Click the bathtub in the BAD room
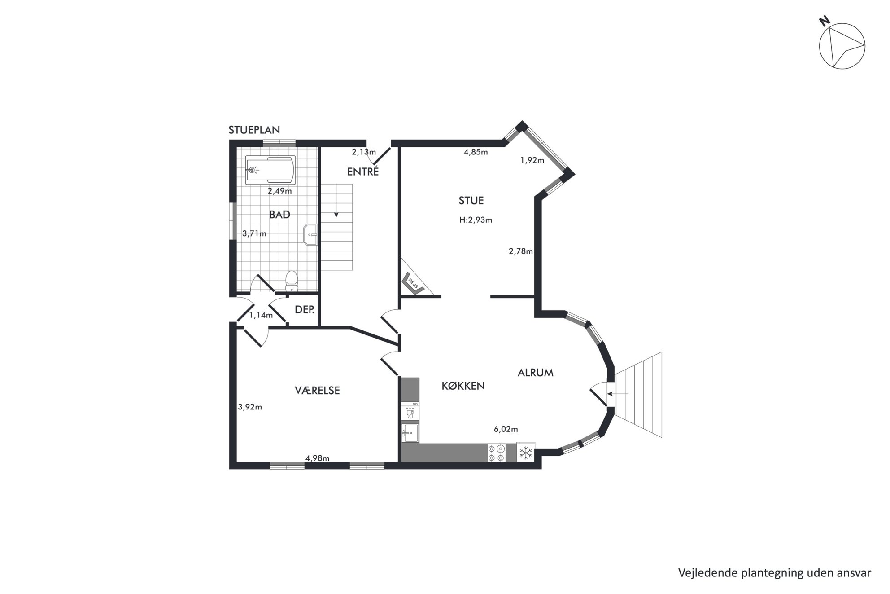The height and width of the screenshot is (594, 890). (270, 170)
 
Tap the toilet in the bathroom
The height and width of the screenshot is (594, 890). (292, 281)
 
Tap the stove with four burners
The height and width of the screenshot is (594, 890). (497, 453)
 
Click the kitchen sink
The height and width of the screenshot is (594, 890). (410, 433)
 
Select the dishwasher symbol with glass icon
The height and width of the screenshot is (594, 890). (410, 411)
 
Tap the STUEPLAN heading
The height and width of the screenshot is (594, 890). (254, 130)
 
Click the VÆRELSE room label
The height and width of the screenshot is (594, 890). (317, 390)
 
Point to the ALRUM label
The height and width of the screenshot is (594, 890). (535, 373)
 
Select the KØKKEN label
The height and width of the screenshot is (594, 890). (463, 386)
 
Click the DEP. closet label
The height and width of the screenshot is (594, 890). (305, 310)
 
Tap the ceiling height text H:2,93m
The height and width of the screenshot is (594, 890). (476, 220)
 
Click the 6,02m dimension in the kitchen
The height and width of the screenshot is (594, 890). (506, 429)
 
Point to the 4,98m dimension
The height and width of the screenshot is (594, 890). (318, 458)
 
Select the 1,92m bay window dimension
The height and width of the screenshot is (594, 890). (532, 160)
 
